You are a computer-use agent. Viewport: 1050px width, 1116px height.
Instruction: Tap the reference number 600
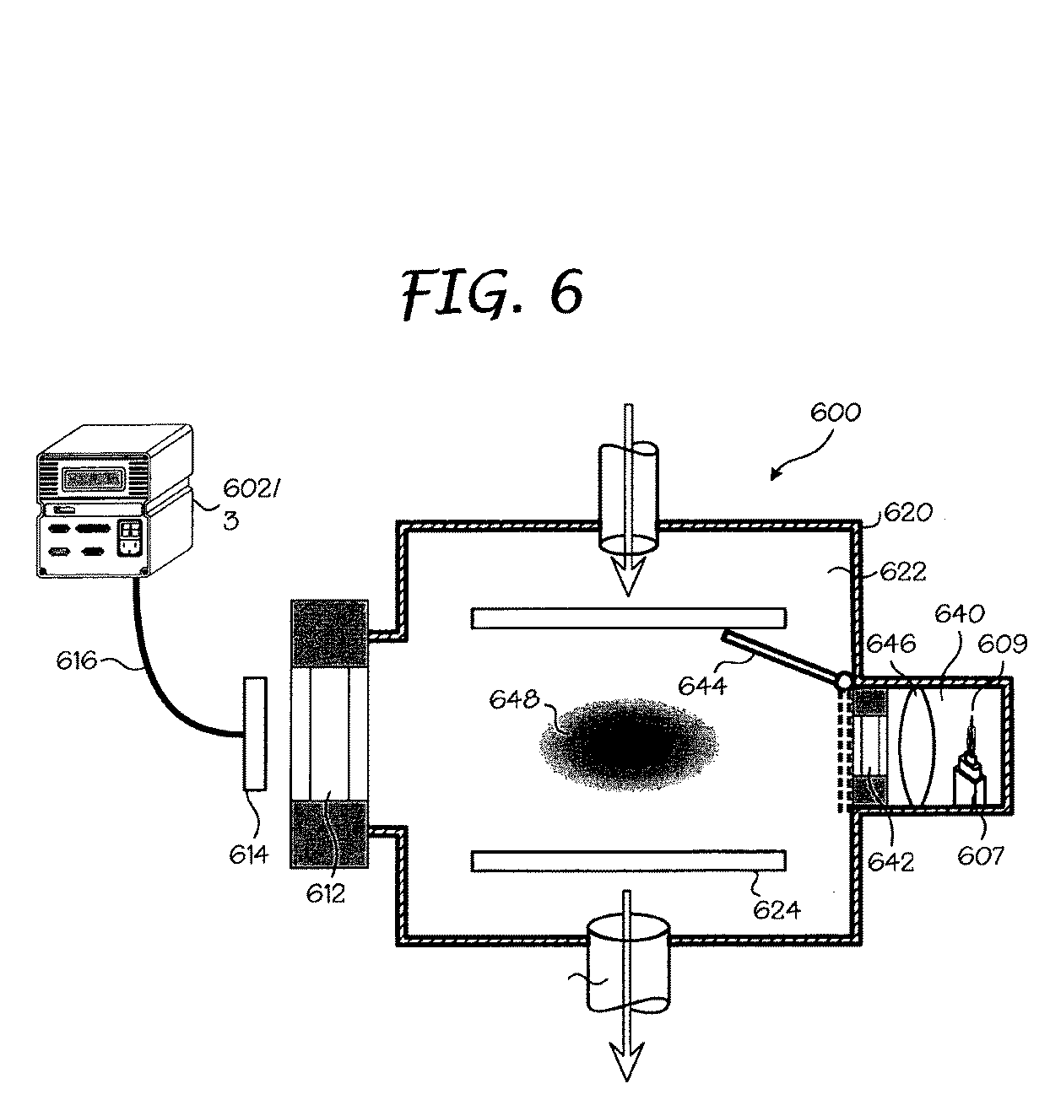(835, 412)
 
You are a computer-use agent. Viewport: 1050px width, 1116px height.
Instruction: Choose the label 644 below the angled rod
(702, 686)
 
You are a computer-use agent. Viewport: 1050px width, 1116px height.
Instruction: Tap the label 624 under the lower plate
(776, 910)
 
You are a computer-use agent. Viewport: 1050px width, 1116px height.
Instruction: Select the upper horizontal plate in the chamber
(628, 618)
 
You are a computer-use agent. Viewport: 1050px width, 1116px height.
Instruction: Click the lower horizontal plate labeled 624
(628, 860)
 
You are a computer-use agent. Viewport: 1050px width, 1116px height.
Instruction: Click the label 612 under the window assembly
(326, 893)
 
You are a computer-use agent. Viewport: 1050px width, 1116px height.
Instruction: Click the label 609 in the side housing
(1002, 644)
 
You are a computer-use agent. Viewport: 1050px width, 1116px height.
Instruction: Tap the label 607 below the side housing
(981, 855)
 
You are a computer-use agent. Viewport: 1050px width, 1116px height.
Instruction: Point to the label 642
(891, 862)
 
